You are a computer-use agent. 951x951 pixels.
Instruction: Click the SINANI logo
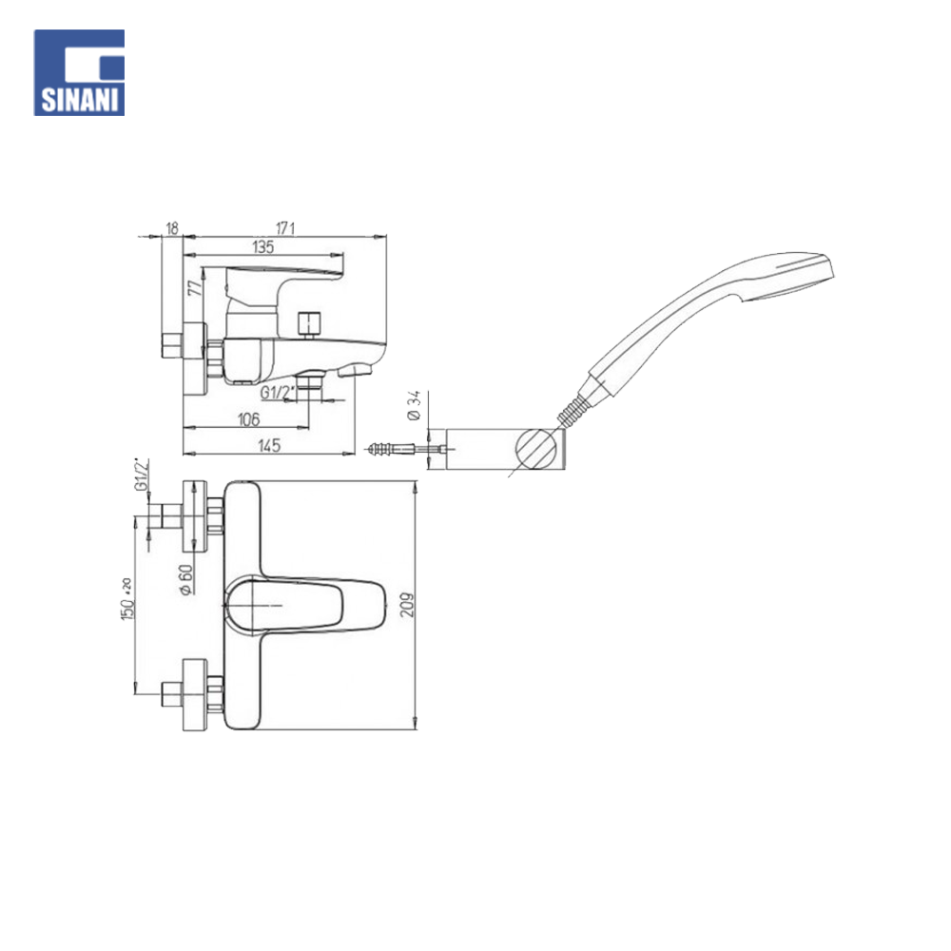click(80, 72)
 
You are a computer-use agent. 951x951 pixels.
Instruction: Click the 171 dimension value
click(286, 228)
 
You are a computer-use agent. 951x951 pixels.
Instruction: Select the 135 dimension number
click(263, 247)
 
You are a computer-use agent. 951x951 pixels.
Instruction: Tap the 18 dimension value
click(172, 228)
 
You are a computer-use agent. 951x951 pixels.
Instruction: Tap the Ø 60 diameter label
click(186, 579)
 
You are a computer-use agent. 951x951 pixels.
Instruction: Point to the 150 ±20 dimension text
click(126, 597)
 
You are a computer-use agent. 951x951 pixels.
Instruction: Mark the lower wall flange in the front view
click(194, 693)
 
